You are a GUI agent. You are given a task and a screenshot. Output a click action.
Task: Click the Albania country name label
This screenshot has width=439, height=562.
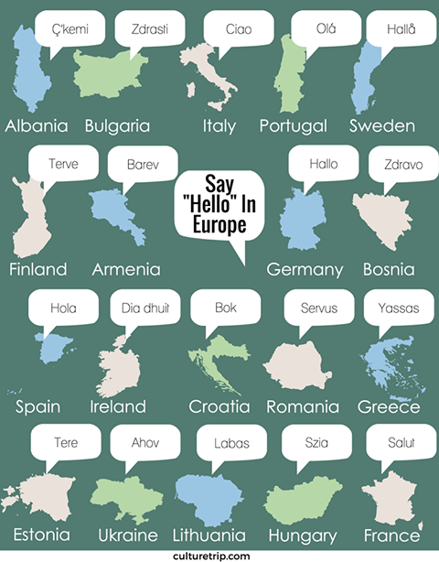[37, 125]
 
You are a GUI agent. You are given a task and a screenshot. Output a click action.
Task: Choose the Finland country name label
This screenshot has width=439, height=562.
[37, 269]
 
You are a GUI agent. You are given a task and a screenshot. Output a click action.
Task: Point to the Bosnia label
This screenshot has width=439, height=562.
[388, 269]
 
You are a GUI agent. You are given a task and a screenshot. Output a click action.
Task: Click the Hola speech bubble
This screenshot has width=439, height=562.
[63, 308]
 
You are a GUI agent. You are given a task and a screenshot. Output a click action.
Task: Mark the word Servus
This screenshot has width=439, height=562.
[318, 308]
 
